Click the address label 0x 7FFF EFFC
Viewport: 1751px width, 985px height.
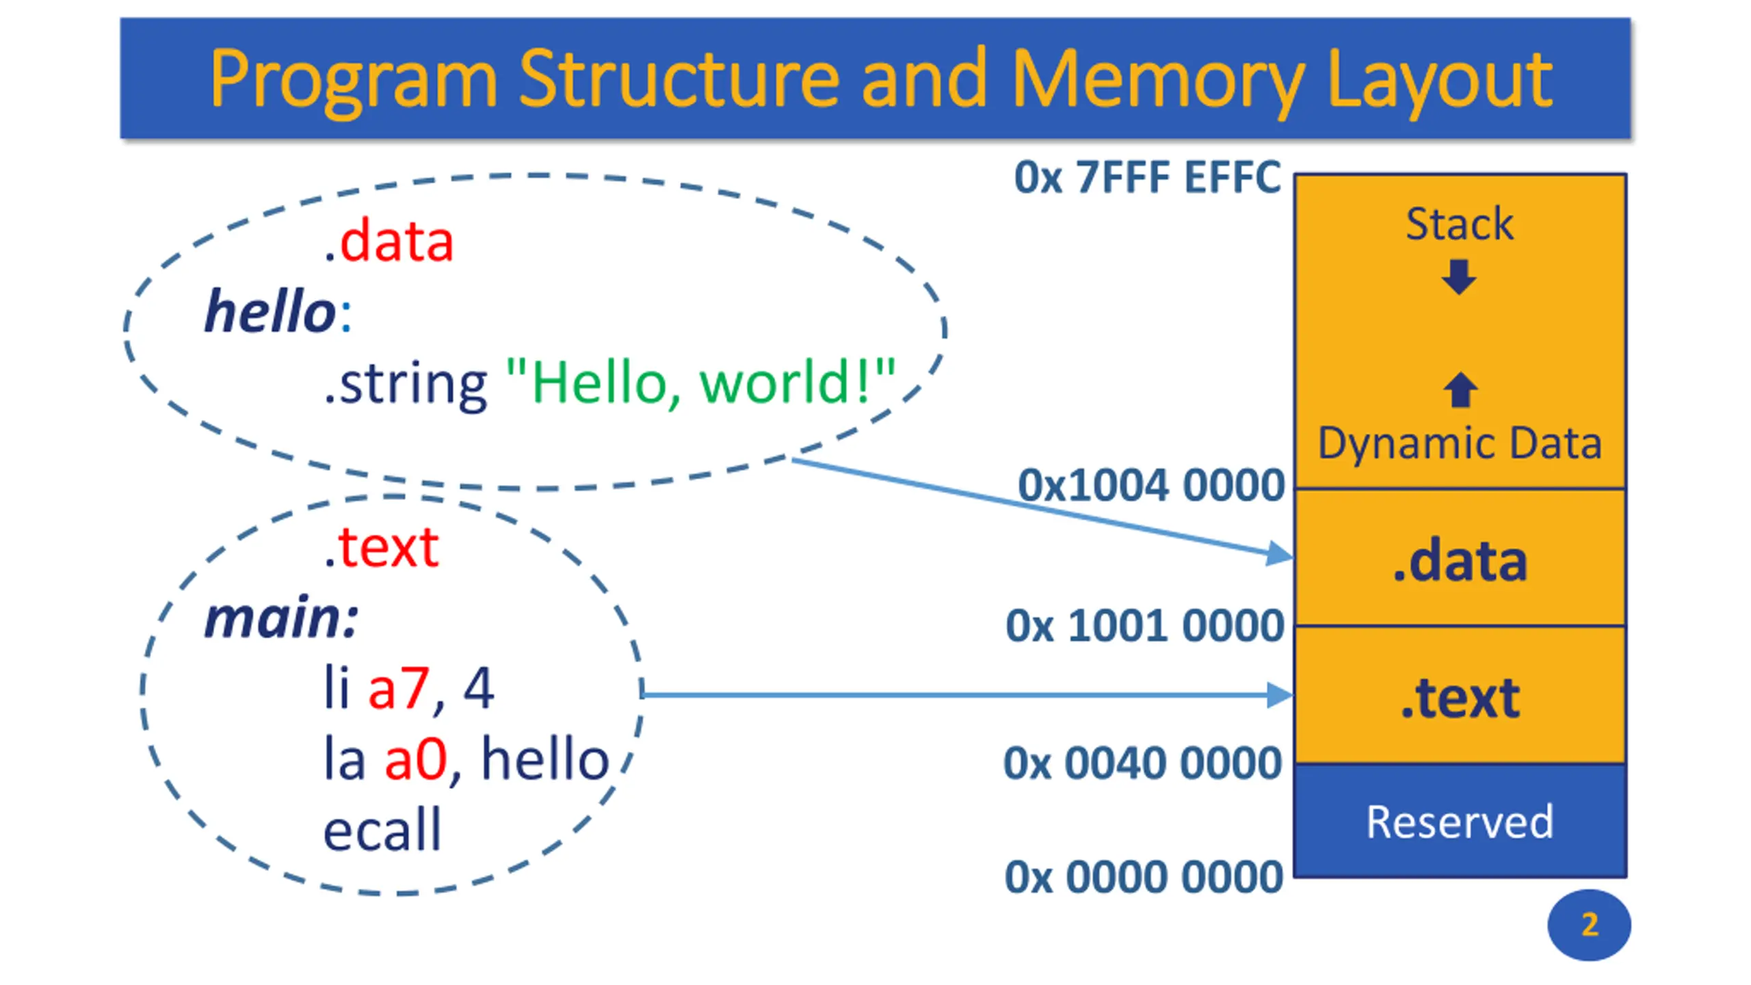(1147, 177)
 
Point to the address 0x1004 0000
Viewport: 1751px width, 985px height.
(1151, 485)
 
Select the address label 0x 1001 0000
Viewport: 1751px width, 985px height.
(1145, 625)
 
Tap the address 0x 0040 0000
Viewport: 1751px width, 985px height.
(1142, 763)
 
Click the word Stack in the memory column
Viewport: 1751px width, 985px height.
(1459, 224)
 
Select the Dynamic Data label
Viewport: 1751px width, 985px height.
(1460, 444)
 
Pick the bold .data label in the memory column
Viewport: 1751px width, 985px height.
(1460, 561)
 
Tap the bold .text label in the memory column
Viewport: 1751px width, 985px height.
(1460, 698)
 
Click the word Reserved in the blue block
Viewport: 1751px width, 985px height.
(1460, 822)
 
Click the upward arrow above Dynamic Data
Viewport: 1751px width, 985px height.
(1460, 389)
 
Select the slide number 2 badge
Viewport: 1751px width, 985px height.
(1589, 925)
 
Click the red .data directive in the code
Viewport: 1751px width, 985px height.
(389, 242)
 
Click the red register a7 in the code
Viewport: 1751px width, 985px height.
(399, 688)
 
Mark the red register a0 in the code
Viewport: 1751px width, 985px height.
(415, 759)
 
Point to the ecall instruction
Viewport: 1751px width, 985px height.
(382, 829)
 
